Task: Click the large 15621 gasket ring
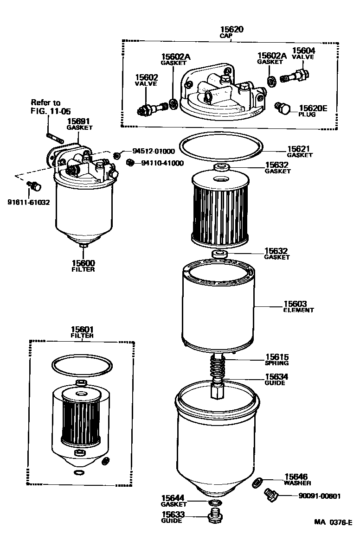[219, 147]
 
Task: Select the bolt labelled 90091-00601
[270, 495]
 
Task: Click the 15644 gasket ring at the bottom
[214, 503]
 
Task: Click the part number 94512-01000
[154, 151]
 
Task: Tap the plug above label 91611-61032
[34, 186]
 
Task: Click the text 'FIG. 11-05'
[45, 111]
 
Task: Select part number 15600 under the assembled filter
[83, 263]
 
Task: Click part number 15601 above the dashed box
[82, 329]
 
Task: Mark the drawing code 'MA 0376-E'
[333, 522]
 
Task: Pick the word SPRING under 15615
[277, 363]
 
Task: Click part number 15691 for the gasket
[79, 121]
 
